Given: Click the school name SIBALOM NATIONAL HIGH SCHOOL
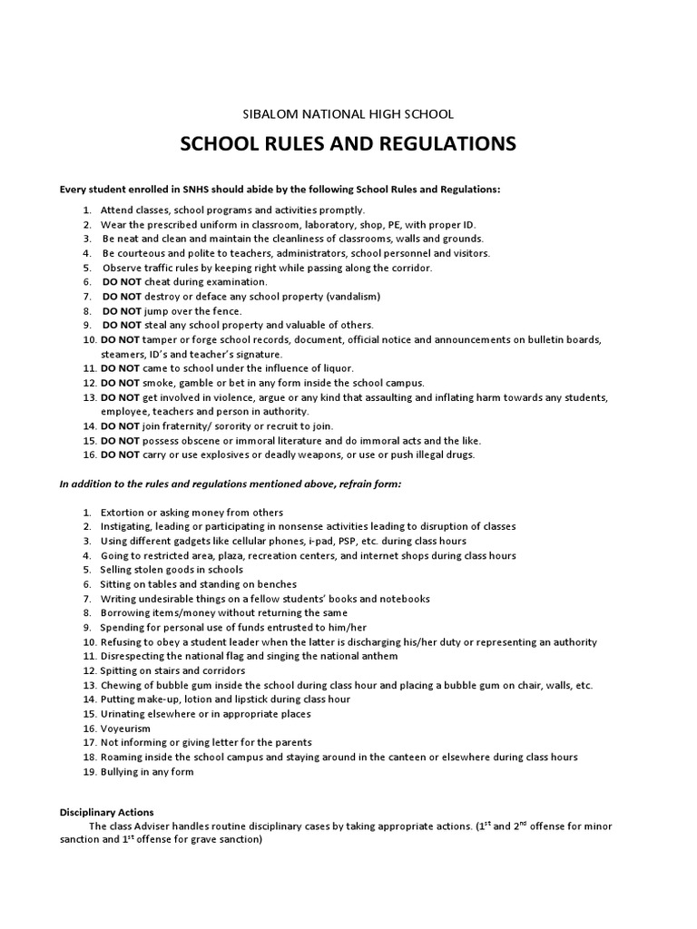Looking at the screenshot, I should [x=348, y=114].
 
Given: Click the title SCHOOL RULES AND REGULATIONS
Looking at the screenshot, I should [x=348, y=144].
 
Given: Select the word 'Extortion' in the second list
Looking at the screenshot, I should [x=123, y=513].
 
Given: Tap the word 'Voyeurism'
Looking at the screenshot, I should [x=125, y=729].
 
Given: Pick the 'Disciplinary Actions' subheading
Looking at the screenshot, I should [x=107, y=812].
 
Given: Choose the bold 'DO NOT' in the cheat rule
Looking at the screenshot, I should [x=121, y=282].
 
